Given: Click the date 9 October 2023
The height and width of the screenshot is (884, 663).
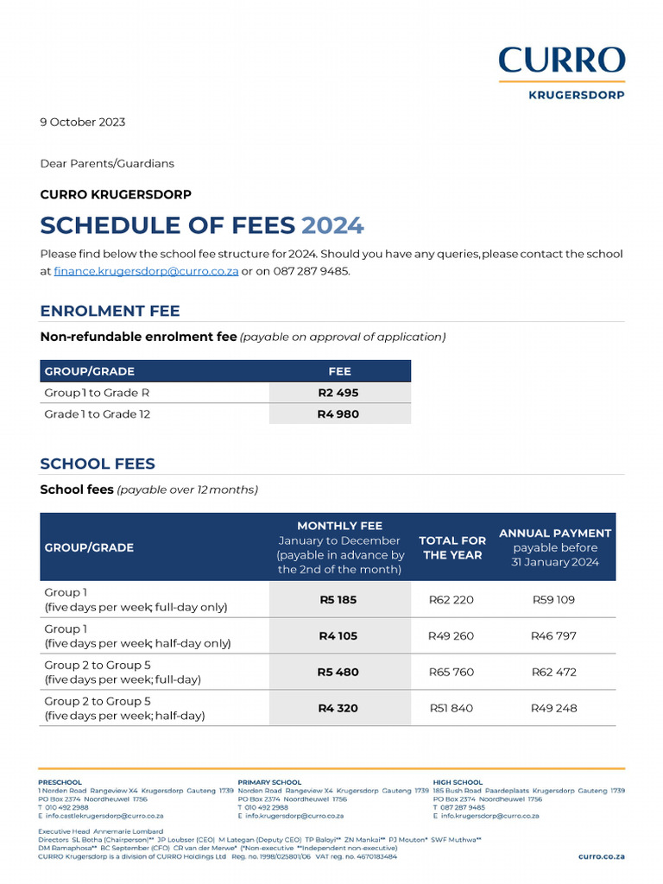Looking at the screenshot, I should pos(83,122).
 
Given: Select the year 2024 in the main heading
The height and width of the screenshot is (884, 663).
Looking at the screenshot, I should pos(332,225).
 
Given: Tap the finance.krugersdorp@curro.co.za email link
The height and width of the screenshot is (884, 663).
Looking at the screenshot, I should pos(146,271).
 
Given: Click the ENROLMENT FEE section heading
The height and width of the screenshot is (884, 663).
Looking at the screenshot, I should pos(110,311).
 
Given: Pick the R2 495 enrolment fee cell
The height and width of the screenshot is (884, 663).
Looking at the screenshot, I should pos(338,393).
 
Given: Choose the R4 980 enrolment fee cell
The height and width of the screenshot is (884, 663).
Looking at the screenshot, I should pos(338,414).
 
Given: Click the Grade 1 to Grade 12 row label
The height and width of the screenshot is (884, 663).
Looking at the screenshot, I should pos(97,414).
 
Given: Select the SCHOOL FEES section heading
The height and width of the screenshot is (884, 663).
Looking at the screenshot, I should pos(98,464).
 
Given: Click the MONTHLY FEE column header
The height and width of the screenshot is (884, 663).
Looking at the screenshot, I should pos(339,526).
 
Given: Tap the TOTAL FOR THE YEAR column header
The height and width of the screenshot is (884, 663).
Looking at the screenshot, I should pos(452,547).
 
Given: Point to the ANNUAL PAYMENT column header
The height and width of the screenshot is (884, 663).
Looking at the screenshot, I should pos(555,534).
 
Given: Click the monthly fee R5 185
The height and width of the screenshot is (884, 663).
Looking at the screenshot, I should pos(338,599).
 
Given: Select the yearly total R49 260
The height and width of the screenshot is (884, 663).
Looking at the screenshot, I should pos(451,636).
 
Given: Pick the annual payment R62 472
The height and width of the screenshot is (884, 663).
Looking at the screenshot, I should pos(553,672).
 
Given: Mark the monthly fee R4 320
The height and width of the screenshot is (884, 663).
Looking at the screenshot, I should pos(338,709).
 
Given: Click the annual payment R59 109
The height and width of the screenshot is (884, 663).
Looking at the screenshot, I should pos(553,599).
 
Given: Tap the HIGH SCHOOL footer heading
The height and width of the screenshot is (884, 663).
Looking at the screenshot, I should pos(458,782).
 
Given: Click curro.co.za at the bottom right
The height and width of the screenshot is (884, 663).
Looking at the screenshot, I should pos(601,856).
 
